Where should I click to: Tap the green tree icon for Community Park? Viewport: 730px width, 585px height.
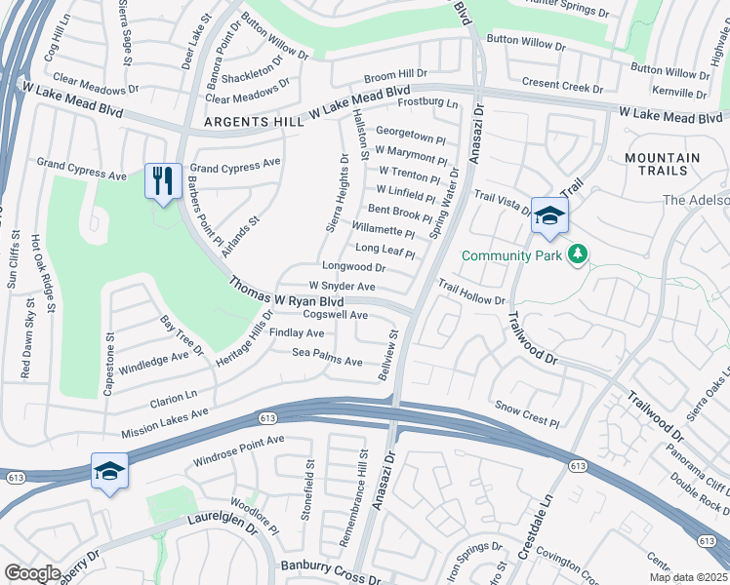pyautogui.click(x=579, y=254)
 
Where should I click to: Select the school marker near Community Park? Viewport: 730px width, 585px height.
pyautogui.click(x=549, y=216)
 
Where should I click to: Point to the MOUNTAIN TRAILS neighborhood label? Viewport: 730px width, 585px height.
pyautogui.click(x=663, y=164)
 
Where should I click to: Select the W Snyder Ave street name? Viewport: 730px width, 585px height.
pyautogui.click(x=342, y=287)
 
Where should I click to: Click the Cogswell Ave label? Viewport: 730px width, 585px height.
pyautogui.click(x=335, y=315)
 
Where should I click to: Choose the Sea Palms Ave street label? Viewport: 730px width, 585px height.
pyautogui.click(x=328, y=357)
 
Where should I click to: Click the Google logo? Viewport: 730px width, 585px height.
pyautogui.click(x=32, y=573)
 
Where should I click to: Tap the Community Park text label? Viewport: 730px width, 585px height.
pyautogui.click(x=512, y=255)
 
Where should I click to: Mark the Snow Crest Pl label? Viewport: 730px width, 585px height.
pyautogui.click(x=526, y=414)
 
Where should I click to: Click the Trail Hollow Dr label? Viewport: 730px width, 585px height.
pyautogui.click(x=470, y=293)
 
